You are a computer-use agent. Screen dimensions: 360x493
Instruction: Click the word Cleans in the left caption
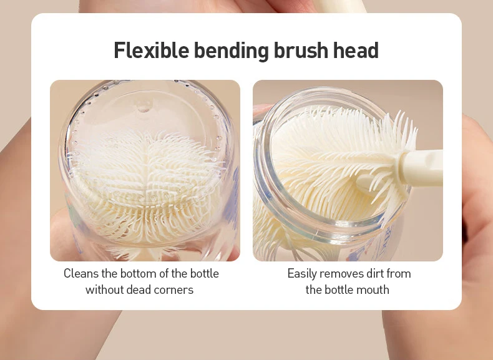point(81,273)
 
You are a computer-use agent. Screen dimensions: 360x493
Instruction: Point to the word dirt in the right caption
point(375,273)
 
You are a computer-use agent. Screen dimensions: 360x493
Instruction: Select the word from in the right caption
point(399,273)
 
